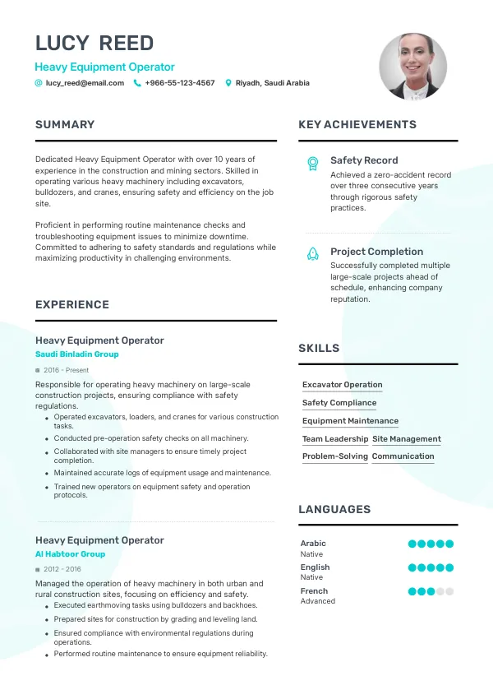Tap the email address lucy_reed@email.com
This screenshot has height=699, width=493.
[x=85, y=83]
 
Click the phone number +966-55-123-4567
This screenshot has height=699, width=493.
[x=179, y=83]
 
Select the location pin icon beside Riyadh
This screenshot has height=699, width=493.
[x=228, y=83]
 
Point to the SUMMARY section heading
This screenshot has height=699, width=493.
[x=65, y=125]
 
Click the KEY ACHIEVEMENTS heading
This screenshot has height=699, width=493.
[x=357, y=125]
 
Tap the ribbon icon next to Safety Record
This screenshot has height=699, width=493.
[x=312, y=163]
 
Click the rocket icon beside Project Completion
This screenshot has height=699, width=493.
[x=312, y=254]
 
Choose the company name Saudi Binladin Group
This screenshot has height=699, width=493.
[x=77, y=354]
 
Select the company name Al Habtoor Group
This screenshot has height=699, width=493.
[x=70, y=554]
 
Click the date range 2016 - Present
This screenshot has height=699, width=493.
[x=66, y=370]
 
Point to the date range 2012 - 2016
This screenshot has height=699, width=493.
[x=62, y=569]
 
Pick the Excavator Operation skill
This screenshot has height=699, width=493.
[x=342, y=385]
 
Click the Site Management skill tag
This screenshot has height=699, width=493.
[x=407, y=439]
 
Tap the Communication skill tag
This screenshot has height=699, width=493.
[x=403, y=456]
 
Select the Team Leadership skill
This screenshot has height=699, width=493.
[x=335, y=439]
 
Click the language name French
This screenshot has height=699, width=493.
[x=314, y=590]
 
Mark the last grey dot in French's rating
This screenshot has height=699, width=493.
[x=449, y=591]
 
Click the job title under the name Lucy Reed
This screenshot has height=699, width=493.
[x=104, y=67]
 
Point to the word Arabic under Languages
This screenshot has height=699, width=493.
[x=313, y=544]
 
